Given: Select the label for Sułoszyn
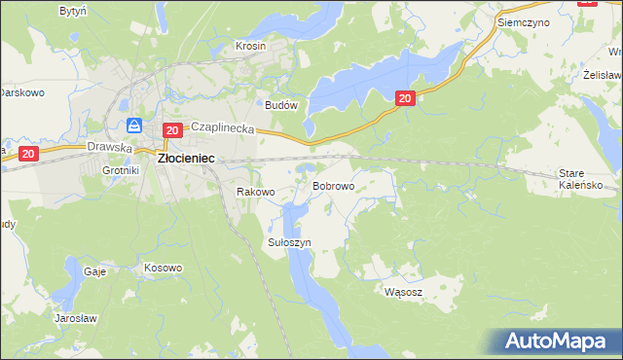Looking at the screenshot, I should pos(289,241).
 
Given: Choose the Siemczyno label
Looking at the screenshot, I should pos(523,20).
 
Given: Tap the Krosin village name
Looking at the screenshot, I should pos(251,46).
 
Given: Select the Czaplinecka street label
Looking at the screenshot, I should pos(222,127).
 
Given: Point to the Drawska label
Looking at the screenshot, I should pos(108,148).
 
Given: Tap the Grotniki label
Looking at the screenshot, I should pos(122,170).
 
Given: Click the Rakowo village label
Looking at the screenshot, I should pos(256,193).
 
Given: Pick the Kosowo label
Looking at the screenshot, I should pos(163,268).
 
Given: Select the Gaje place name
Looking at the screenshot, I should pos(94,272).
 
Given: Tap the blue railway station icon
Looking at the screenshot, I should pos(134,126).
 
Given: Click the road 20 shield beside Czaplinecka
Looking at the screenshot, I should pos(171,130).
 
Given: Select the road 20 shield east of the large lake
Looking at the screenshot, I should pos(406,97).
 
